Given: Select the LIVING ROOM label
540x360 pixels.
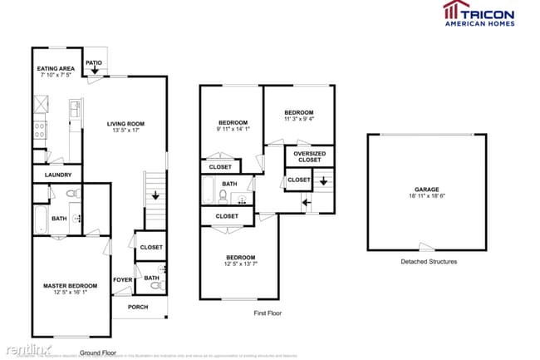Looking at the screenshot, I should (x=126, y=125).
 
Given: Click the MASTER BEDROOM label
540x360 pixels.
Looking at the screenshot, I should (x=70, y=286).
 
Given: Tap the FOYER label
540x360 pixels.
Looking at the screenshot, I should (x=122, y=279).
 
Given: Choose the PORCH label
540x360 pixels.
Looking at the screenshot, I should (x=138, y=307).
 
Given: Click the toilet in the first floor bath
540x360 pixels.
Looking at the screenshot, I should (x=223, y=196).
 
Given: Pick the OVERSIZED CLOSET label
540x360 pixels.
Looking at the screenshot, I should (x=309, y=156).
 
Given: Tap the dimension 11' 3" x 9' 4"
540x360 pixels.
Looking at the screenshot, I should (x=299, y=119).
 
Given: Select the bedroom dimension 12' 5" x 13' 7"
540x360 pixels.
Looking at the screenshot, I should (x=239, y=264).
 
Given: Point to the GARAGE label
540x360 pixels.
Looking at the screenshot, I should (x=427, y=190).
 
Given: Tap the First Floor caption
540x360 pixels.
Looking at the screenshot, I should (x=268, y=313).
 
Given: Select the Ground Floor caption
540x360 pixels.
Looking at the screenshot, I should (x=96, y=353).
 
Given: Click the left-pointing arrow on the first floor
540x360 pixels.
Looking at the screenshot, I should (x=306, y=201).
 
